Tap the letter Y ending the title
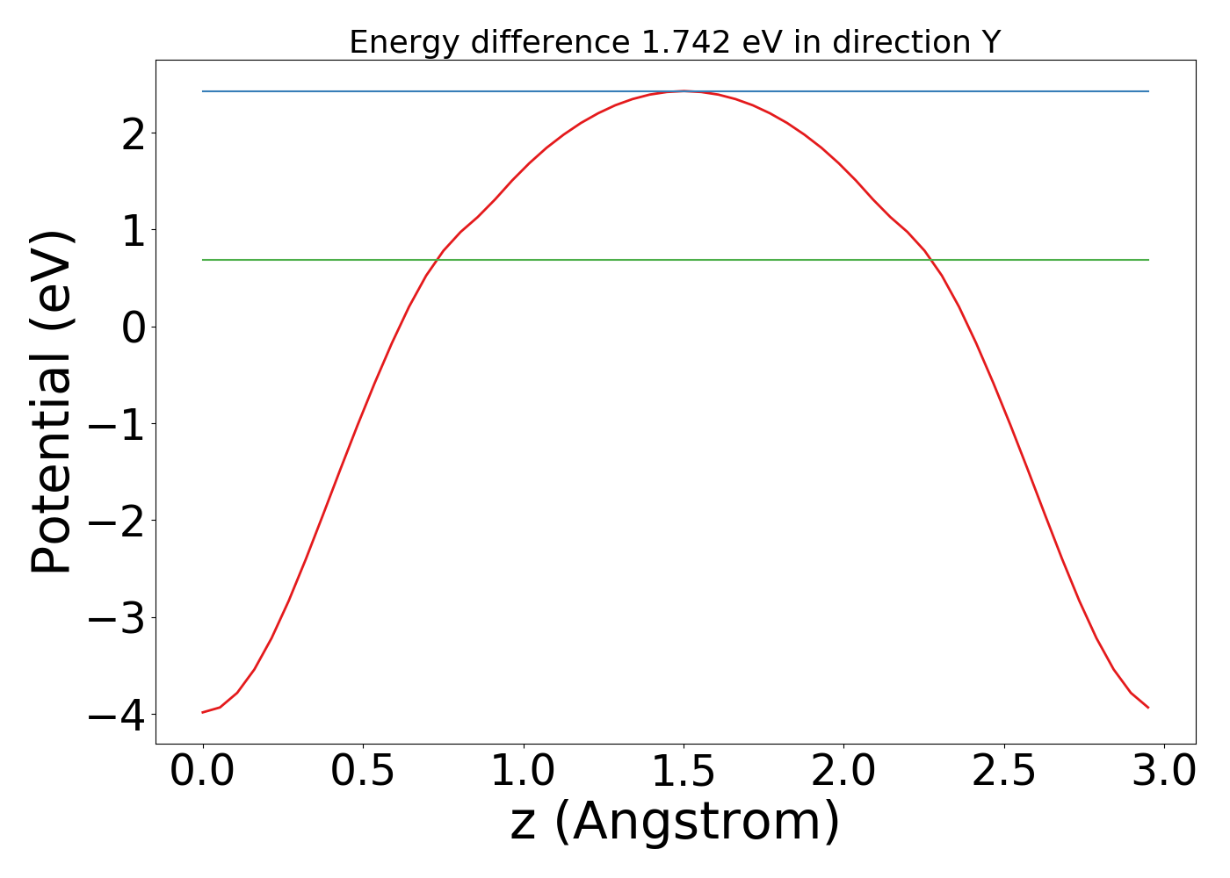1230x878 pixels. tap(992, 42)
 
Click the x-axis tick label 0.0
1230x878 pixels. tap(203, 772)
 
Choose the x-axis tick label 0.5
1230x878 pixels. tap(363, 772)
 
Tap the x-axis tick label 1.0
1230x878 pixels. tap(523, 772)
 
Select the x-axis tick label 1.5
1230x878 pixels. tap(684, 772)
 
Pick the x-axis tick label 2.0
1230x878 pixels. tap(843, 772)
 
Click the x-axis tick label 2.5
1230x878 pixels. tap(1003, 772)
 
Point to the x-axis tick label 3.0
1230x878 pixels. tap(1163, 772)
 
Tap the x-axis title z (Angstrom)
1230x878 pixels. tap(675, 823)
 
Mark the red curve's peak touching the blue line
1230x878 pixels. tap(684, 91)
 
